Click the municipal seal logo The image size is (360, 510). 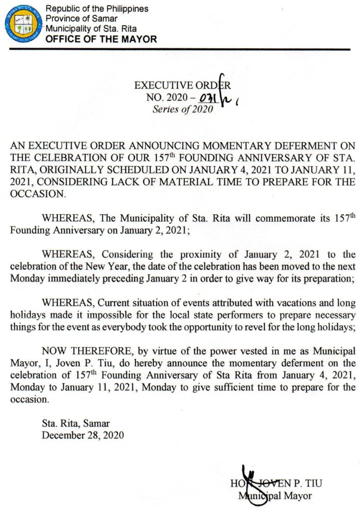(x=23, y=23)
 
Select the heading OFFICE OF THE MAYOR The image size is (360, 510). (x=101, y=39)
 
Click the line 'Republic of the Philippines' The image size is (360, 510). (x=97, y=9)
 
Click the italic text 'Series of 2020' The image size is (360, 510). (x=182, y=110)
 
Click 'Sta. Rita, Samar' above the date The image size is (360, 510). (x=76, y=424)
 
